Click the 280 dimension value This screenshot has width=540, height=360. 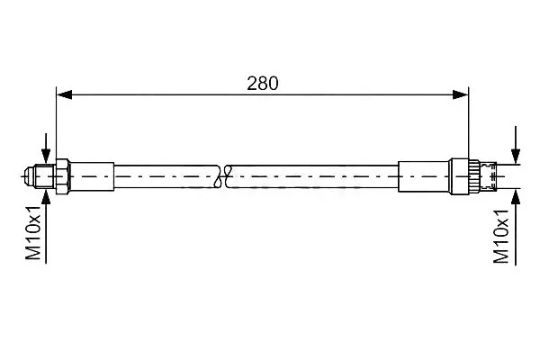click(263, 84)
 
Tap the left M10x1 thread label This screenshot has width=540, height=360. click(33, 232)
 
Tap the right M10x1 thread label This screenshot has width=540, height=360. click(500, 236)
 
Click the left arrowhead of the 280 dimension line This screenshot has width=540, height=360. click(65, 94)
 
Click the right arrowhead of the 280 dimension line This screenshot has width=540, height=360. click(461, 94)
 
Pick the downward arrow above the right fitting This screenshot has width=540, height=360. click(516, 145)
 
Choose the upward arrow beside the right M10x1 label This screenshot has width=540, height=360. click(516, 228)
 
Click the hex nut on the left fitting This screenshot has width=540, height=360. click(62, 176)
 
